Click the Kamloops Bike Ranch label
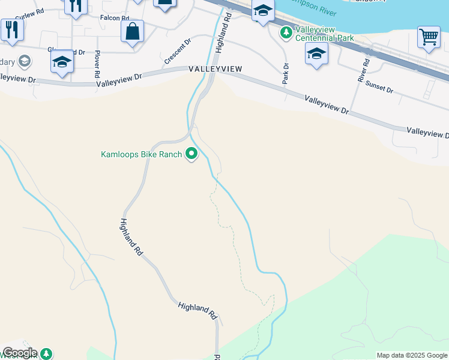tap(141, 155)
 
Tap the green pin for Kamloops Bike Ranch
tap(192, 154)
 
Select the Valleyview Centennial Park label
tap(325, 34)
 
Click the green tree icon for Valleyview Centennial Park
tap(287, 31)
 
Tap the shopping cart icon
tap(429, 38)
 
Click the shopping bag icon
tap(132, 31)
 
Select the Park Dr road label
tap(286, 73)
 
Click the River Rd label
tap(362, 70)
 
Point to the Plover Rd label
tap(96, 65)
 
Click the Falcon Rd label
tap(115, 18)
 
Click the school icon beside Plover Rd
tap(62, 62)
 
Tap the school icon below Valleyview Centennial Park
tap(317, 55)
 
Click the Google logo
tap(20, 353)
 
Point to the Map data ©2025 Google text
tap(411, 355)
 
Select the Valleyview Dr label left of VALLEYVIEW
tap(119, 76)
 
